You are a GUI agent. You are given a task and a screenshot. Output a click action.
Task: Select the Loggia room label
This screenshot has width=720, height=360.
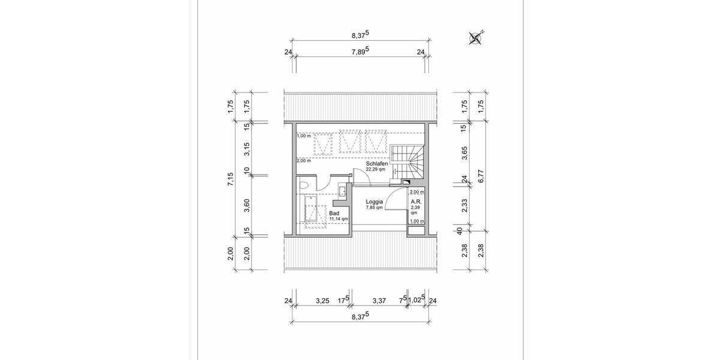pos(375,203)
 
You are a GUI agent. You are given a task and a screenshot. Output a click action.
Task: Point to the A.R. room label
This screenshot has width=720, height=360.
pos(415,202)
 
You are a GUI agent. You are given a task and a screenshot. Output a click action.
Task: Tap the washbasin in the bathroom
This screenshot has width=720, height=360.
pos(341,191)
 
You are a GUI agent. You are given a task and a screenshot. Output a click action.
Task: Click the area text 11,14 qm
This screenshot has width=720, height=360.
pos(339,220)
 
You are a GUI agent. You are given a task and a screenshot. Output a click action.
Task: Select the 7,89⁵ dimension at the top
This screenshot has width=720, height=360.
pos(360,53)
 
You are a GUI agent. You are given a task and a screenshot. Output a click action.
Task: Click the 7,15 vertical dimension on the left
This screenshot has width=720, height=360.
pos(230,179)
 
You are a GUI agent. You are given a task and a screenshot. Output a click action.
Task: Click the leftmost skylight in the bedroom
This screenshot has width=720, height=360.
pos(323,144)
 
